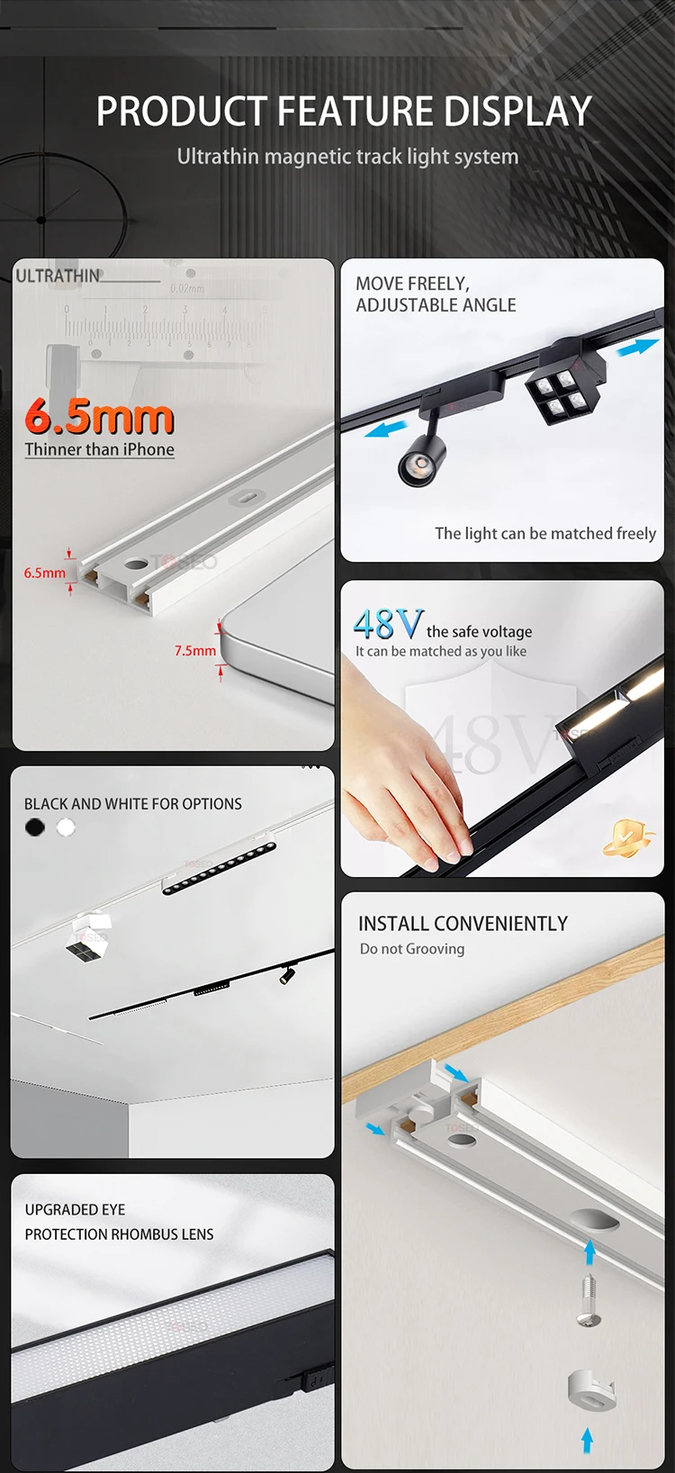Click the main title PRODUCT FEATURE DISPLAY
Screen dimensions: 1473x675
344,112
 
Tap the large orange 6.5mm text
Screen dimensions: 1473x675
99,416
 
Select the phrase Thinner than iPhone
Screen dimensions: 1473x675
99,449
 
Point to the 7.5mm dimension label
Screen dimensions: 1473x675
195,650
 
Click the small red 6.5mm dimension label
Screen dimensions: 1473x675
44,573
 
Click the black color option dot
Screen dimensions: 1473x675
35,827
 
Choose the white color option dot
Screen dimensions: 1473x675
66,827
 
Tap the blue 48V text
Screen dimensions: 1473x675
388,624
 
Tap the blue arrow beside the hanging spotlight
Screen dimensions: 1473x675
385,429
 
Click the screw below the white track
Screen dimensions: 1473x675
589,1301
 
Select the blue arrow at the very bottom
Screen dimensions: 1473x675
588,1440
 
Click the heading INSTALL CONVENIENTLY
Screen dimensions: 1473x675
463,924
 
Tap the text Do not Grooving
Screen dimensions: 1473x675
412,949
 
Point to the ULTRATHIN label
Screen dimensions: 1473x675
58,276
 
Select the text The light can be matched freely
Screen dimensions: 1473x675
544,533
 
